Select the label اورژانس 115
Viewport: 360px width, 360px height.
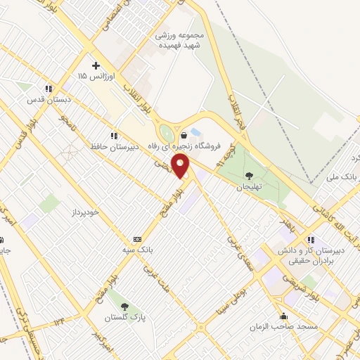coord(93,75)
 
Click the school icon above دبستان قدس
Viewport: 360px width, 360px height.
coord(49,89)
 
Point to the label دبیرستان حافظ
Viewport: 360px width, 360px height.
coord(112,146)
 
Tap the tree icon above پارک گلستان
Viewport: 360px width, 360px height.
coord(125,307)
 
